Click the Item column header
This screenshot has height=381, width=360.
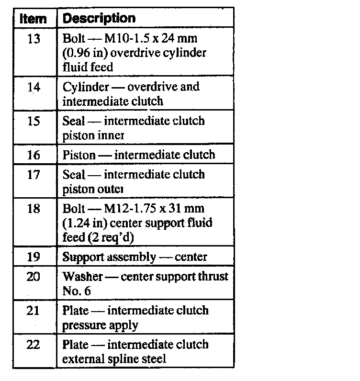coord(34,19)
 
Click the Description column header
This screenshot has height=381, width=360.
coord(99,19)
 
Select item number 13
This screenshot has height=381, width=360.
coord(34,39)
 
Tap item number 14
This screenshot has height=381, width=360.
coord(34,87)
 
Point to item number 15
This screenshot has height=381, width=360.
coord(34,121)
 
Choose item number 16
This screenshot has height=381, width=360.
coord(34,155)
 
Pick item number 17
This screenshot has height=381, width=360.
coord(34,175)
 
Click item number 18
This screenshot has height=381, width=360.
coord(34,209)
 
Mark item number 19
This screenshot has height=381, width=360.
coord(34,257)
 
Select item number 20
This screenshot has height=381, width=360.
coord(34,277)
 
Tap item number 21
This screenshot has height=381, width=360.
coord(34,311)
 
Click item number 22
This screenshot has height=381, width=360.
coord(34,345)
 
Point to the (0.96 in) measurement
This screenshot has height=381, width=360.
coord(86,53)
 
